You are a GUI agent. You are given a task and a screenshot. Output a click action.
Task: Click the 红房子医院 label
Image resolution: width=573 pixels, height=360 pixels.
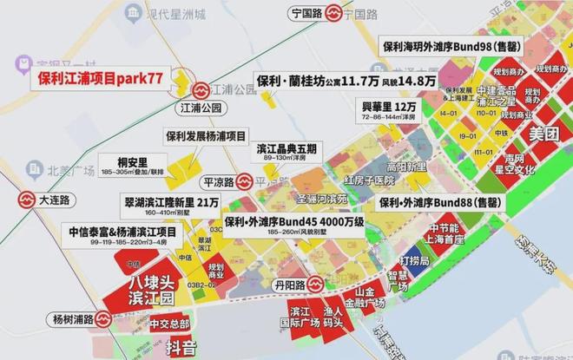click(x=369, y=181)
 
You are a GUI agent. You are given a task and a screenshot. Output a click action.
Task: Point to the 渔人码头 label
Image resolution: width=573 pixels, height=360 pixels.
click(x=336, y=318)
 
